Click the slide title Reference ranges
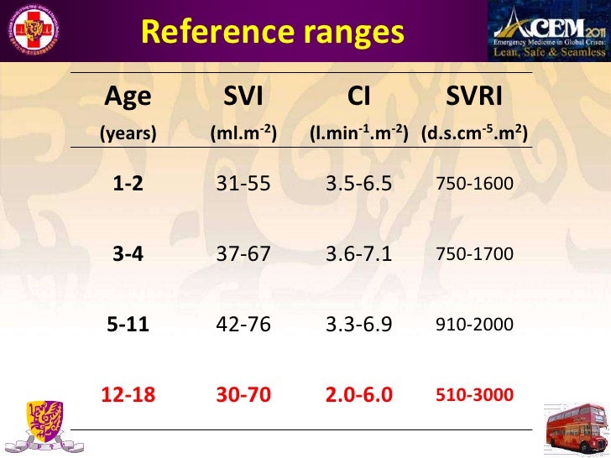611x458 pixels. coord(272,33)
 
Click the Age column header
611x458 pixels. coord(128,98)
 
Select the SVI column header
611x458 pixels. coord(243,98)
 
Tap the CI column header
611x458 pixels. coord(359,98)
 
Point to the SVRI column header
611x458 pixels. coord(475,98)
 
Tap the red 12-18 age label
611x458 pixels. coord(128,394)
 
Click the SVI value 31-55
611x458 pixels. coord(243,184)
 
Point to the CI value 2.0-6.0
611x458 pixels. coord(359,394)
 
